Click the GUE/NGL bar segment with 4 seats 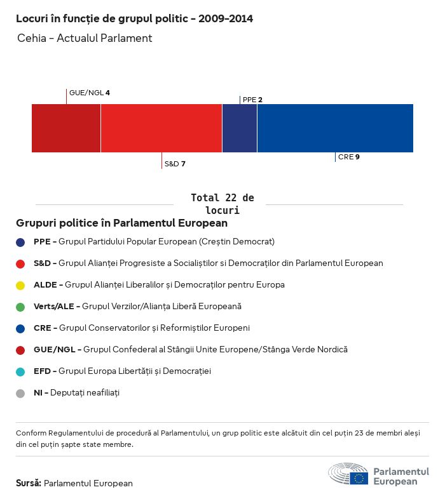click(66, 128)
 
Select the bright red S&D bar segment click(161, 128)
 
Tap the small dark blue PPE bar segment click(240, 128)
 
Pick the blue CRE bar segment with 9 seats click(335, 128)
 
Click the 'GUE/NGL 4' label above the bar click(89, 93)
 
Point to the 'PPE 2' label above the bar click(252, 100)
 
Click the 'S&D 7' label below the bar click(175, 164)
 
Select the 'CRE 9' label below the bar click(348, 157)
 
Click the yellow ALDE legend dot click(20, 285)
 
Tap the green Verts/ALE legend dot click(20, 307)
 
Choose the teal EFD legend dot click(20, 371)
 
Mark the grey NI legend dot click(20, 393)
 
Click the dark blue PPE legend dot click(20, 242)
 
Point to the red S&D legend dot click(20, 263)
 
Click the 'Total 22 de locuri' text click(222, 204)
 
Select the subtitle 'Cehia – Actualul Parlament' click(85, 38)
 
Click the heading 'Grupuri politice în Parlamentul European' click(121, 223)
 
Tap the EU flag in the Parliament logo click(359, 478)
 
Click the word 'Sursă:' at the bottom click(29, 483)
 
